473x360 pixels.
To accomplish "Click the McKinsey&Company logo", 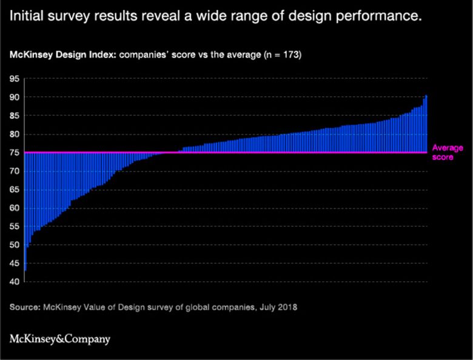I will [60, 339].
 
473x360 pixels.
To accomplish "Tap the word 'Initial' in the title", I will [27, 18].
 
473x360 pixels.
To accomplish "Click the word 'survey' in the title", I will [77, 18].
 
